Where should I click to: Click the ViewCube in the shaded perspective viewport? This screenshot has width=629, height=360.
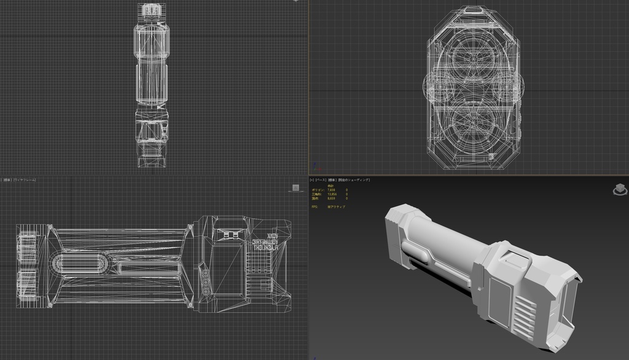click(619, 189)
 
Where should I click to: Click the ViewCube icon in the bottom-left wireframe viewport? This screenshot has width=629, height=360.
click(294, 189)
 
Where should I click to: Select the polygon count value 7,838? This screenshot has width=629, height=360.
click(331, 190)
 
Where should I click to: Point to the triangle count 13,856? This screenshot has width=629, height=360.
click(331, 194)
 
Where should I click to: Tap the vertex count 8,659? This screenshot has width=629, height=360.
click(331, 198)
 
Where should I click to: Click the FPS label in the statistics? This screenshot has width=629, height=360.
click(314, 206)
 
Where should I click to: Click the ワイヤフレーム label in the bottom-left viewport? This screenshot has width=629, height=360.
click(25, 180)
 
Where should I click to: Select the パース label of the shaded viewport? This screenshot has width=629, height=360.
click(321, 180)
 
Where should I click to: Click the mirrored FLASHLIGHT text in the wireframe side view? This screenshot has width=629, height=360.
click(265, 243)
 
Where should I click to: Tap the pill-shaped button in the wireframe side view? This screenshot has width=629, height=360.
click(77, 264)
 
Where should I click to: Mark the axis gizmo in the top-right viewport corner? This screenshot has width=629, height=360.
click(315, 166)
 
